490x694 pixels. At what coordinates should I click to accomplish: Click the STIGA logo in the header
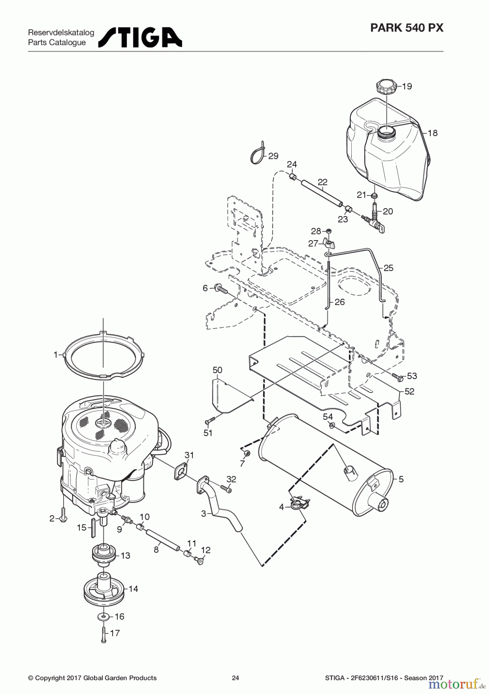[x=140, y=37]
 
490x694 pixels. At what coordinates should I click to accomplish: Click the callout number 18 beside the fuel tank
[x=433, y=133]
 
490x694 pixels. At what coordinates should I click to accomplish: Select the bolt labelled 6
[x=220, y=288]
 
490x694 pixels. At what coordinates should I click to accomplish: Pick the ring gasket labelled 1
[x=103, y=354]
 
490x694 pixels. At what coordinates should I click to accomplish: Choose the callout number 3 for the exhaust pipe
[x=203, y=514]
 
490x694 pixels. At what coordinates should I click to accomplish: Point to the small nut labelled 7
[x=247, y=452]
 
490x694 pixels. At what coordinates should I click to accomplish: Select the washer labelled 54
[x=332, y=425]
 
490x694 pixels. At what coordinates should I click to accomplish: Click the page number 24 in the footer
[x=235, y=678]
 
